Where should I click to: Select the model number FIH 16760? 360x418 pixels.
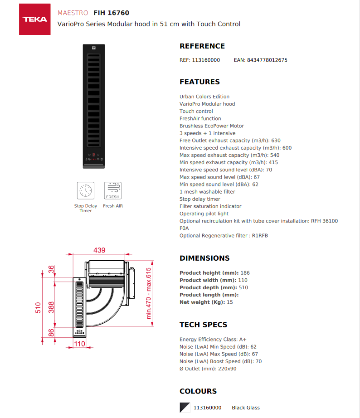[x=111, y=13]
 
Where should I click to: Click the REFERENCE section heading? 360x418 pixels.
[x=202, y=46]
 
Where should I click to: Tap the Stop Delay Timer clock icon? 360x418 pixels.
[x=86, y=190]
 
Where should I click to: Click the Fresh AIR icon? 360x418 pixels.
[x=112, y=190]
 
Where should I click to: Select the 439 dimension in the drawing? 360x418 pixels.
[x=99, y=250]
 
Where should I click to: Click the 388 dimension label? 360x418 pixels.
[x=51, y=307]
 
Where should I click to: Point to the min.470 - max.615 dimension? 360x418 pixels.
[x=148, y=293]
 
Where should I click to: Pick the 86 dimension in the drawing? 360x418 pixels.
[x=51, y=333]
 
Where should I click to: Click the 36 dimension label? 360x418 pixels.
[x=51, y=269]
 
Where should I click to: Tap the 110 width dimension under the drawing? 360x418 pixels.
[x=79, y=344]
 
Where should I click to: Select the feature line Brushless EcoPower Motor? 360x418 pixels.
[x=211, y=126]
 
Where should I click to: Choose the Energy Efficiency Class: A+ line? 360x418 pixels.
[x=213, y=340]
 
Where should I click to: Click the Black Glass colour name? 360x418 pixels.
[x=246, y=408]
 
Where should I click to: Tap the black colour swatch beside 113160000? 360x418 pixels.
[x=185, y=408]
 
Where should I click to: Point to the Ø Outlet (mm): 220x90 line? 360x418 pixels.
[x=208, y=369]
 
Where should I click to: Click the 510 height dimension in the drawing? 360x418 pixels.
[x=39, y=307]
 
